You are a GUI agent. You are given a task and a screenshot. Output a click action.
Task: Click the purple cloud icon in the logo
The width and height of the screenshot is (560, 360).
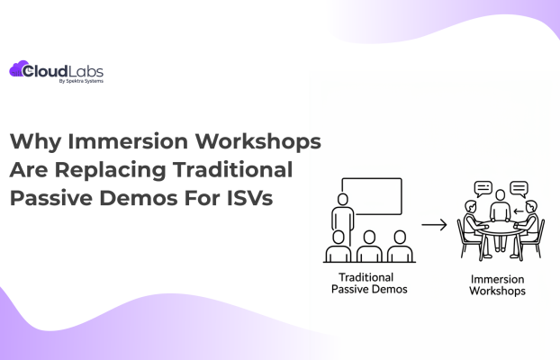click(x=20, y=68)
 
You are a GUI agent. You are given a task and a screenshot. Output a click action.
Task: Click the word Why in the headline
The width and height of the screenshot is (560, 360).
click(x=35, y=141)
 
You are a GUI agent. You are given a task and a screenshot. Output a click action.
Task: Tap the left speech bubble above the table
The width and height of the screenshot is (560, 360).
click(x=483, y=190)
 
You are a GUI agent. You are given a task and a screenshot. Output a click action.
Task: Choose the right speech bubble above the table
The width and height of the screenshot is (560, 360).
click(x=519, y=189)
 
